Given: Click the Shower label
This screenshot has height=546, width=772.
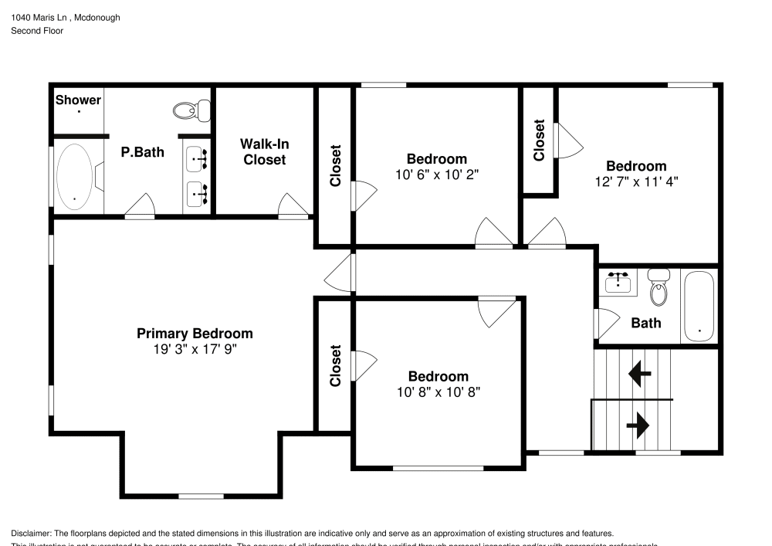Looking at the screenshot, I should click(78, 100).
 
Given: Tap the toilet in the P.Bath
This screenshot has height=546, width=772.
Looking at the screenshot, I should click(192, 110).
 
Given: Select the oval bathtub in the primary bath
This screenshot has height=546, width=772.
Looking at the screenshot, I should click(75, 176).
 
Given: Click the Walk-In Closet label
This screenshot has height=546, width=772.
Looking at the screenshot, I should click(264, 151).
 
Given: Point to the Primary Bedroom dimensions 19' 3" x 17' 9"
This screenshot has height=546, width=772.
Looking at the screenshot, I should click(195, 349).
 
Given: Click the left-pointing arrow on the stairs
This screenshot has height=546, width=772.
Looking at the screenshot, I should click(639, 375).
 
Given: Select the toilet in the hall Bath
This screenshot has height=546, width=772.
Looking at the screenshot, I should click(659, 288).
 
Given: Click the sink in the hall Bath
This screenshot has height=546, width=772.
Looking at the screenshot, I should click(618, 282).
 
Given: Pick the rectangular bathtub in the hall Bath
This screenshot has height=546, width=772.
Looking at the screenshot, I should click(699, 306).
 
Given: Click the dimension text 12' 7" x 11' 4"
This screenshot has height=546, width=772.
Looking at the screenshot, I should click(635, 182).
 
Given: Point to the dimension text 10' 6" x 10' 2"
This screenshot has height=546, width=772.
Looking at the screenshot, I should click(437, 175).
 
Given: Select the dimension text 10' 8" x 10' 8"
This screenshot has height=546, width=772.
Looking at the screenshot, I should click(438, 392).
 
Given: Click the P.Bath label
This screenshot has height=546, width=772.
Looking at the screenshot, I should click(143, 152).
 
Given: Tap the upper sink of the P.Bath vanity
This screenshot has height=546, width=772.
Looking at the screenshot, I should click(197, 158).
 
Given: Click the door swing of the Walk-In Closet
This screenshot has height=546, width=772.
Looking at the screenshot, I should click(293, 205).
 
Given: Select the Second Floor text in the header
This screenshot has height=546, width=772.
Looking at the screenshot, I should click(37, 31).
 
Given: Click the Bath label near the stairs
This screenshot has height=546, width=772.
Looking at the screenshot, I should click(646, 323).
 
